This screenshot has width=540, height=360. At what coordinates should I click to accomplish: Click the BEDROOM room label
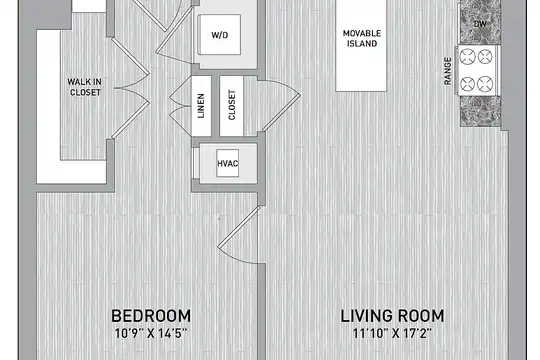pos(151,316)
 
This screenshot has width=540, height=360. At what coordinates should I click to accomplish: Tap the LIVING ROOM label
pos(392,316)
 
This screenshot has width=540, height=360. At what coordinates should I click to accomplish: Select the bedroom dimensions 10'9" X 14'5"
pos(151,333)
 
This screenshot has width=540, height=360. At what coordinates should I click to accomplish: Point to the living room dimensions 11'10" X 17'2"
pos(392,333)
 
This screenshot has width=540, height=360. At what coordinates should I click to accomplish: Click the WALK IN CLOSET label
pos(84,87)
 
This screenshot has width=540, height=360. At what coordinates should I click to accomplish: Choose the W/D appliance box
pos(219,34)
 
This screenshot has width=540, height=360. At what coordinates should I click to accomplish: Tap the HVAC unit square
pos(228,163)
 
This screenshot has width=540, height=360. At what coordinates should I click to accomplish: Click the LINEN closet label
pos(201,106)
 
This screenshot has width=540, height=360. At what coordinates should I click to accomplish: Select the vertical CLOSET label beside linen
pos(232,105)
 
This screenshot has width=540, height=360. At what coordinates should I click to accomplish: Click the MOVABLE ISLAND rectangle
pos(361,45)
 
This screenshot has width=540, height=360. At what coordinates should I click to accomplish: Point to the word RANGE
pos(447,71)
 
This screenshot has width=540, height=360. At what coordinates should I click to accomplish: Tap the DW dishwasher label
pos(480,24)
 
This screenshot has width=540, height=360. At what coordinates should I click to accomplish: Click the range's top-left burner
pos(468,56)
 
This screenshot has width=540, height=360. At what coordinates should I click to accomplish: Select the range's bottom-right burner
pos(485,84)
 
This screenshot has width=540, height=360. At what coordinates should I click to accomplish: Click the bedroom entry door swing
pos(239,235)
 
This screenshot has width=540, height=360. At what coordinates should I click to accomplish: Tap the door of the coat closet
pos(280,104)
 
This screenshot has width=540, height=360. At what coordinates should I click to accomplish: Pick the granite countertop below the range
pos(480,111)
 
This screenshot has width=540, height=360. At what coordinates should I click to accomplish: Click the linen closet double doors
pos(180,106)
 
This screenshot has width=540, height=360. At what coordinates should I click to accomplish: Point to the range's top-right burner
pos(485,56)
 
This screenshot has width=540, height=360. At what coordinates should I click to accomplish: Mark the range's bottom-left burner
pos(468,84)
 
